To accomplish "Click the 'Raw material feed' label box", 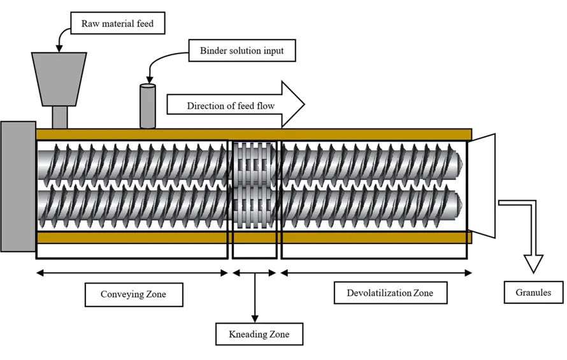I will pyautogui.click(x=117, y=25).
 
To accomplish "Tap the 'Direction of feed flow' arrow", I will pyautogui.click(x=236, y=104).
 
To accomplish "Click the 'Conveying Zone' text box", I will pyautogui.click(x=133, y=294).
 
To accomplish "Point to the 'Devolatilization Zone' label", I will pyautogui.click(x=389, y=293).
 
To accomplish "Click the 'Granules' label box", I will pyautogui.click(x=533, y=292).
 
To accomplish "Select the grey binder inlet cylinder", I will pyautogui.click(x=147, y=106).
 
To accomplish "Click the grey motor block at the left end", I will pyautogui.click(x=18, y=185).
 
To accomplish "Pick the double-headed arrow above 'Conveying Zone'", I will pyautogui.click(x=132, y=273).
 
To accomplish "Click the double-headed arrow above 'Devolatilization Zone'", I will pyautogui.click(x=376, y=273).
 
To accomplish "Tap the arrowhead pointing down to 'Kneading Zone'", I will pyautogui.click(x=255, y=317).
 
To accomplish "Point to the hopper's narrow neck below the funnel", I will pyautogui.click(x=59, y=117).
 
